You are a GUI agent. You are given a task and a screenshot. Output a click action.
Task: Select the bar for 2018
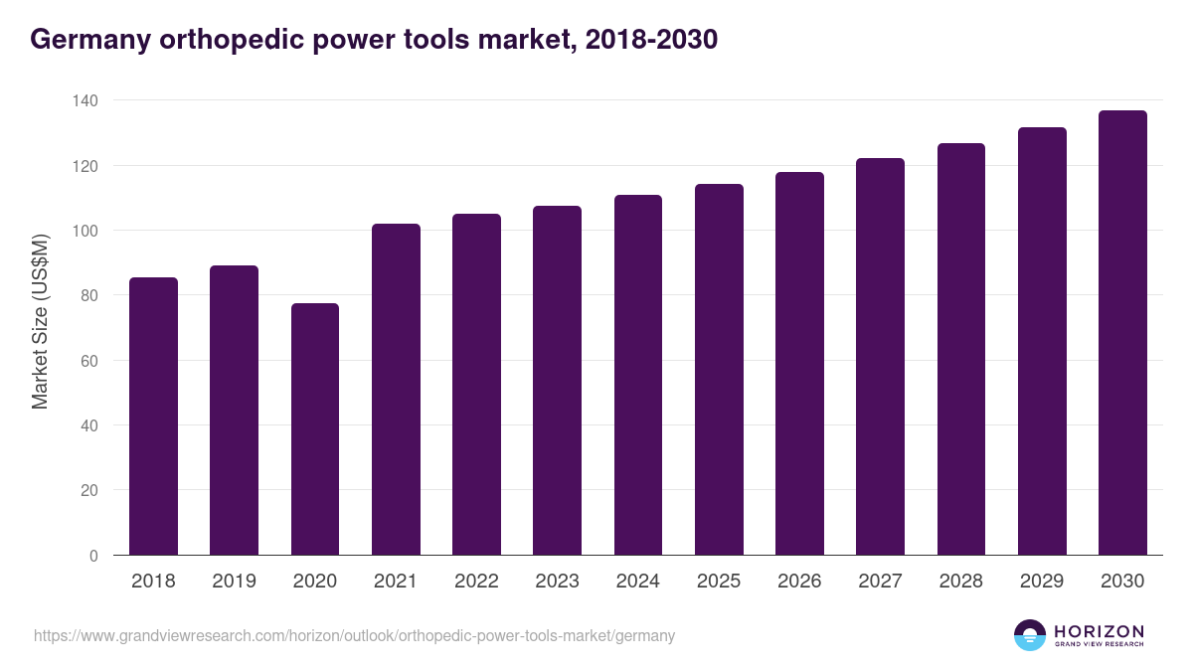153,417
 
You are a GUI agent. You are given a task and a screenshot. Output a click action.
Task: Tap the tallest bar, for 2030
1122,333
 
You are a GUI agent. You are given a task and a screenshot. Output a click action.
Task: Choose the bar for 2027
880,357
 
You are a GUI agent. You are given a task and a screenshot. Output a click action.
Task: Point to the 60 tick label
89,361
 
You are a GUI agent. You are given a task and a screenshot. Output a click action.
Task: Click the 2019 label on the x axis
234,582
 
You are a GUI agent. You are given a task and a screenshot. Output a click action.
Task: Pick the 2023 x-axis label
557,582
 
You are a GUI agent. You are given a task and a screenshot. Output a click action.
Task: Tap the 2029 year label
1042,582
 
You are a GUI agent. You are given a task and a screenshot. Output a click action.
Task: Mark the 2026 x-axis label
799,582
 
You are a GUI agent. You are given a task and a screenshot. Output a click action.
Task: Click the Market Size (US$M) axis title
40,321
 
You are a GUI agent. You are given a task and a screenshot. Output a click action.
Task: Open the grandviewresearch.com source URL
354,636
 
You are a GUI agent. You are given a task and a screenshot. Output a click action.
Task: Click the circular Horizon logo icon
1030,635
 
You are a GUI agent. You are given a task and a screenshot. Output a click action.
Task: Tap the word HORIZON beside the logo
1099,631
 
